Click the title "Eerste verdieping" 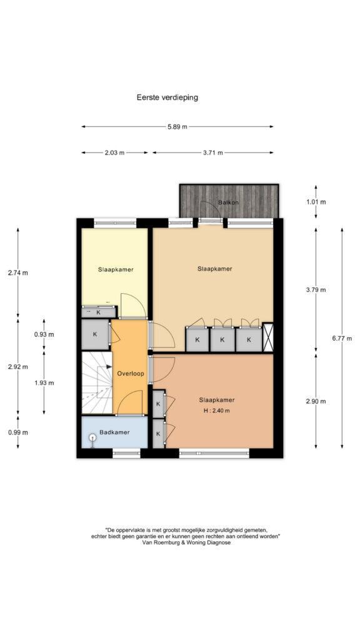pyautogui.click(x=167, y=97)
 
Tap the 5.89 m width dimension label pyautogui.click(x=177, y=126)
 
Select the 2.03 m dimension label pyautogui.click(x=114, y=152)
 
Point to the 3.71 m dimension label pyautogui.click(x=212, y=152)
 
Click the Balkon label pyautogui.click(x=228, y=202)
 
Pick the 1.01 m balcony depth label pyautogui.click(x=316, y=202)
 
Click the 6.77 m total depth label pyautogui.click(x=342, y=338)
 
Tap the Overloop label pyautogui.click(x=130, y=374)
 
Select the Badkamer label pyautogui.click(x=115, y=432)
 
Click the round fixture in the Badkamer pyautogui.click(x=92, y=438)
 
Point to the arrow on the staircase pyautogui.click(x=109, y=367)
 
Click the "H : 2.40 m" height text pyautogui.click(x=216, y=411)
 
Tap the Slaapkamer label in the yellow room pyautogui.click(x=116, y=269)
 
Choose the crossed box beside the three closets pyautogui.click(x=267, y=337)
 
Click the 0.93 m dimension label pyautogui.click(x=44, y=334)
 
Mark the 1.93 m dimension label pyautogui.click(x=44, y=383)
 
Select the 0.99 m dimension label pyautogui.click(x=18, y=432)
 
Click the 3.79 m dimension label pyautogui.click(x=316, y=290)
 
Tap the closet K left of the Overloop pyautogui.click(x=95, y=334)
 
